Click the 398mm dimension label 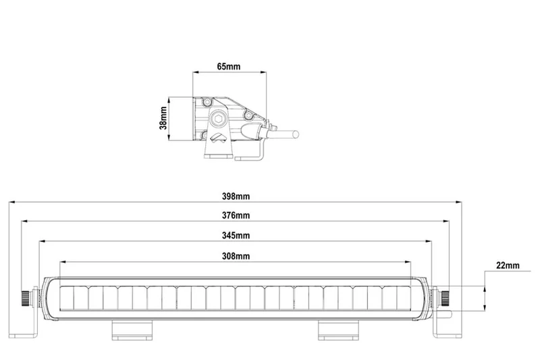(x=236, y=196)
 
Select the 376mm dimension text (x=236, y=215)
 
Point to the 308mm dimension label (x=236, y=256)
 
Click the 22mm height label (x=508, y=265)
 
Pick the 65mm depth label (x=228, y=68)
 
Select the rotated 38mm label (x=163, y=118)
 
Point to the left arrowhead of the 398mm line (x=11, y=201)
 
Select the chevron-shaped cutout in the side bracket (x=218, y=138)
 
